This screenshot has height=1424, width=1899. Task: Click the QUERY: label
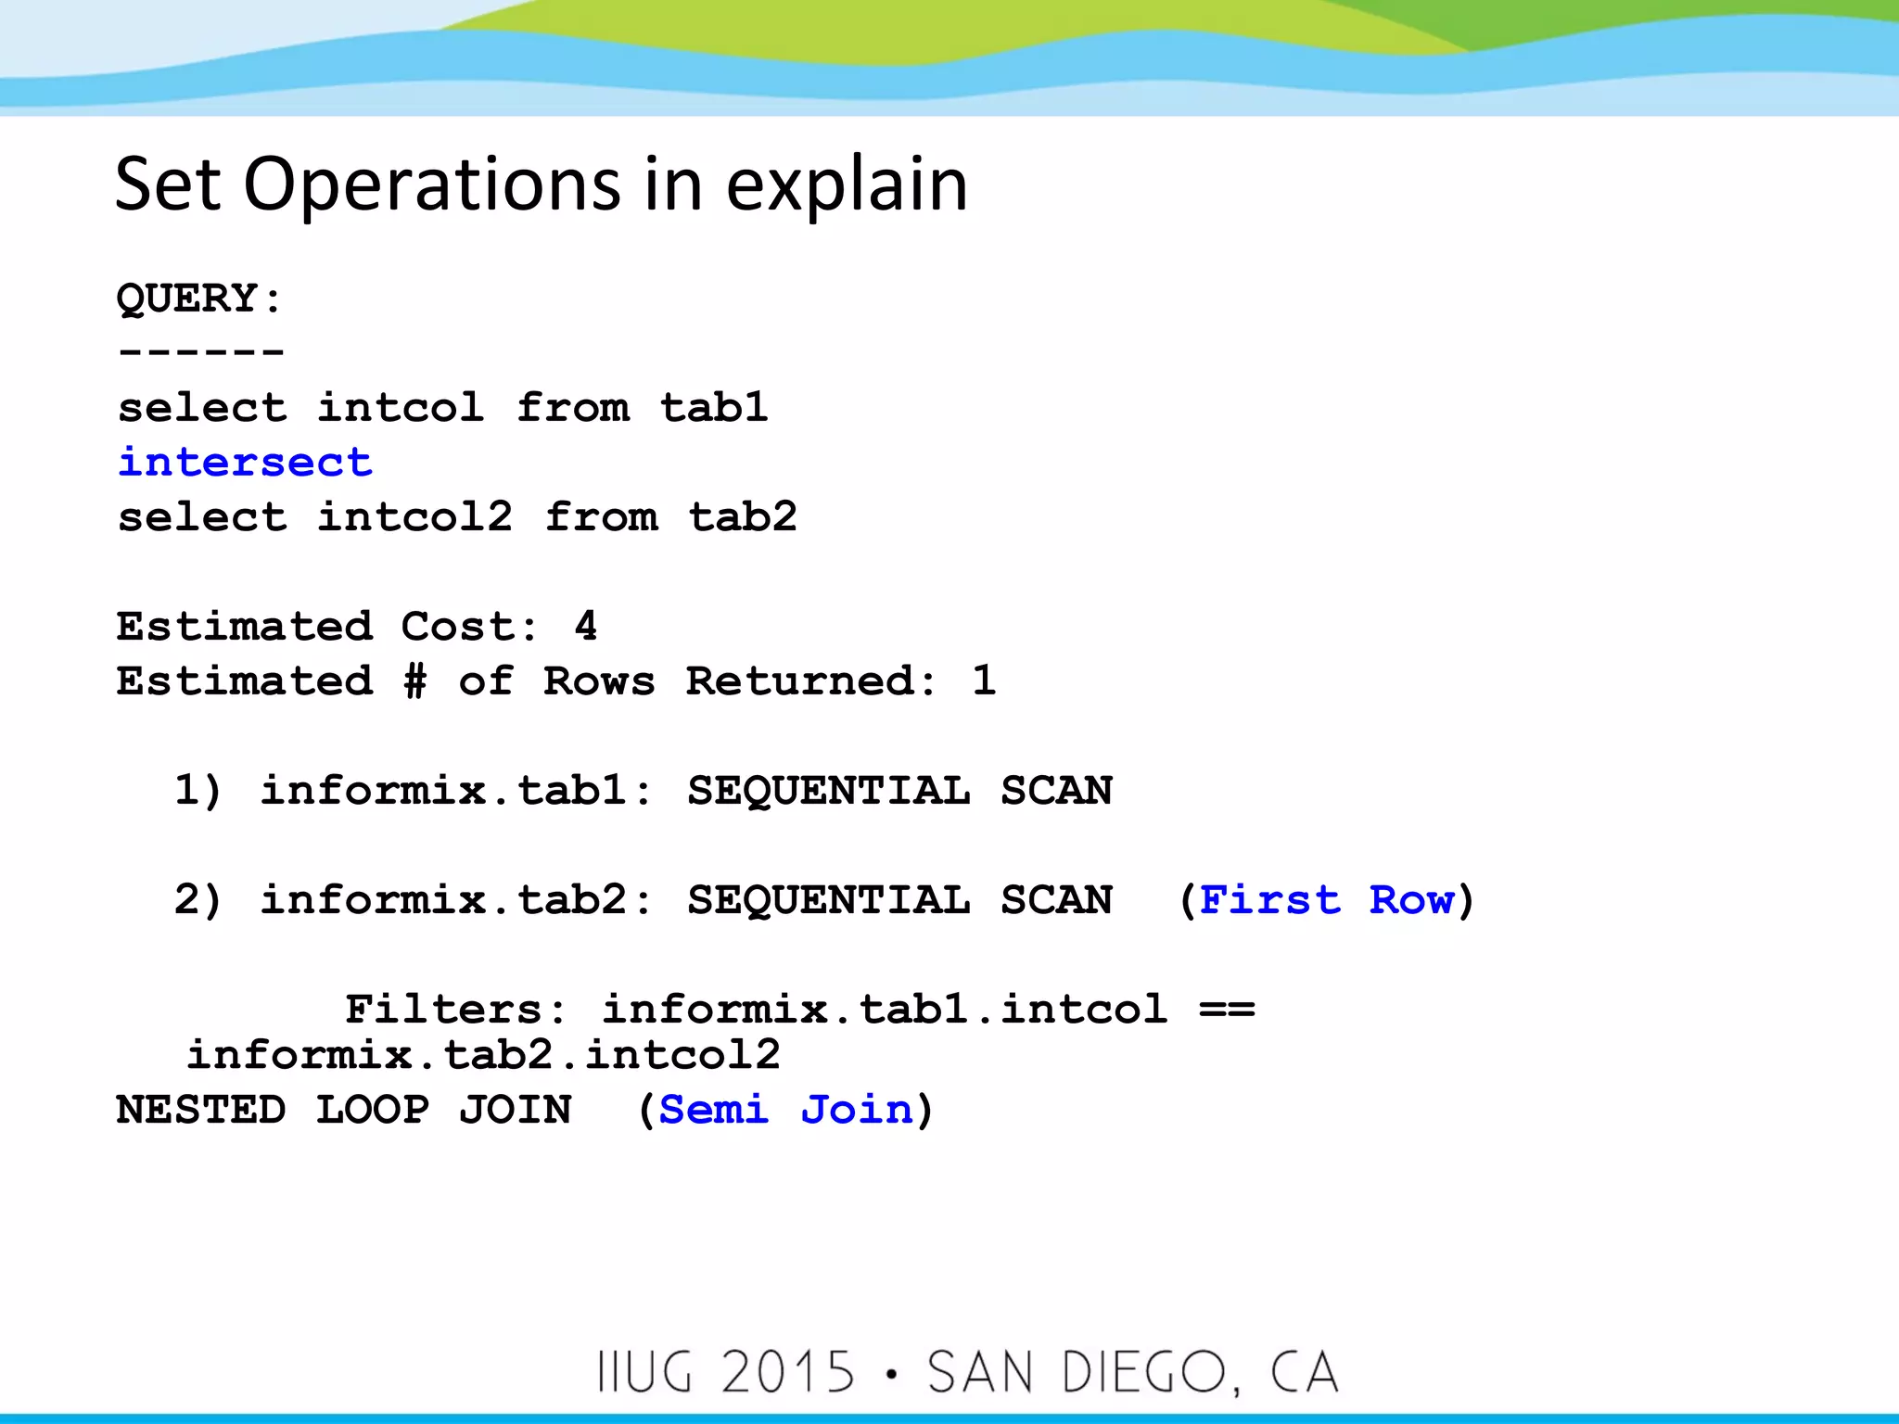198,299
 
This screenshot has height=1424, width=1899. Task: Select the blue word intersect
245,462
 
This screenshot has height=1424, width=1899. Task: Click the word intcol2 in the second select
414,516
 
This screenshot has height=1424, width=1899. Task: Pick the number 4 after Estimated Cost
585,626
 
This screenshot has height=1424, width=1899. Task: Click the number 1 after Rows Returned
984,680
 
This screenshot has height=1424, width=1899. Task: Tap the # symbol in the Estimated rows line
415,680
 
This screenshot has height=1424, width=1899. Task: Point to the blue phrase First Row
1326,899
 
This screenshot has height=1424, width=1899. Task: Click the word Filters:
455,1009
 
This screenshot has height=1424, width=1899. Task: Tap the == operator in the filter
1226,1009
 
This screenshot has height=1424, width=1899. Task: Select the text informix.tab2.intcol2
483,1054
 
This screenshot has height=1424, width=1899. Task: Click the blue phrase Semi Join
785,1109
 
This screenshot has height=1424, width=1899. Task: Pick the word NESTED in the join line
200,1109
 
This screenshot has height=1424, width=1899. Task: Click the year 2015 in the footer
787,1372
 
